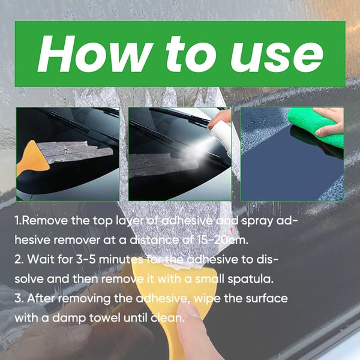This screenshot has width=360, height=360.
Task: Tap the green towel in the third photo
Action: click(318, 129)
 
